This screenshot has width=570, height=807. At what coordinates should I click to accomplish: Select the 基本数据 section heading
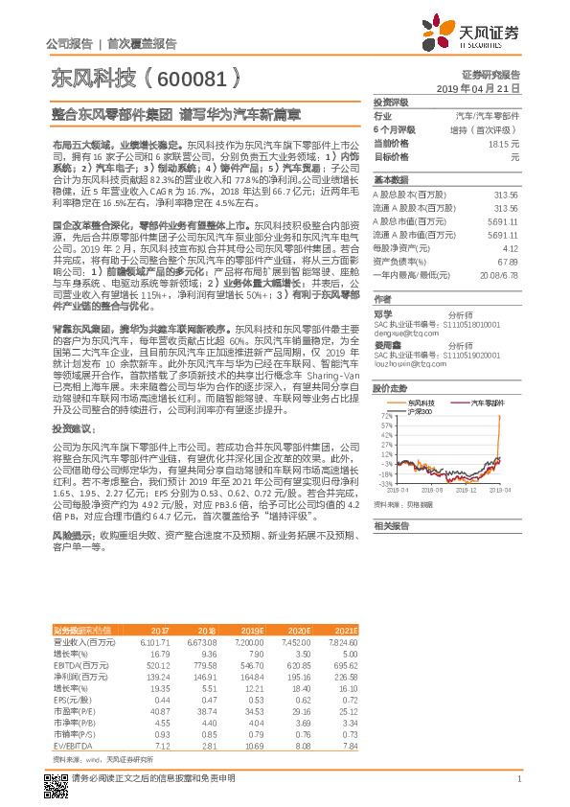click(390, 179)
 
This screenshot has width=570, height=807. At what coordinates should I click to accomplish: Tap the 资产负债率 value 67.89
click(507, 259)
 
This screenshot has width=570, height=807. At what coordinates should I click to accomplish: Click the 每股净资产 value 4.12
click(510, 246)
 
